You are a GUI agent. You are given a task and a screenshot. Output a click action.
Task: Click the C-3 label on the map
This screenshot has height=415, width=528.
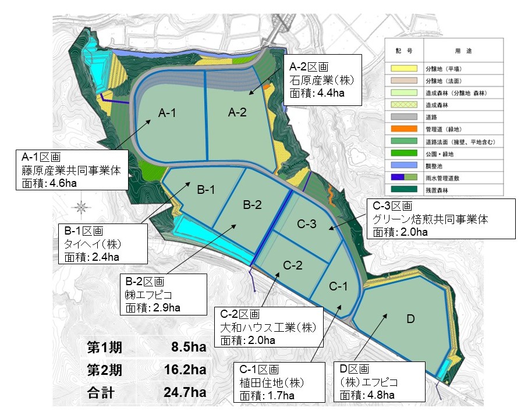307,224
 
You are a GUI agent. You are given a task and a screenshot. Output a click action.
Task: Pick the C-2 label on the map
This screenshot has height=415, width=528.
293,265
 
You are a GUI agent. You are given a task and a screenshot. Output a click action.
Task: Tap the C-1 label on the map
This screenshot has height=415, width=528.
339,286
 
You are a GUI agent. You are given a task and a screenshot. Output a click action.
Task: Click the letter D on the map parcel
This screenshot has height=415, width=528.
410,319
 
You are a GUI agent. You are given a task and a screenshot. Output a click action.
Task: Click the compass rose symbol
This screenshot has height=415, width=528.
82,206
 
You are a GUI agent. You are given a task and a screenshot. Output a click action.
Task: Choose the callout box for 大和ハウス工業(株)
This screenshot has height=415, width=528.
268,327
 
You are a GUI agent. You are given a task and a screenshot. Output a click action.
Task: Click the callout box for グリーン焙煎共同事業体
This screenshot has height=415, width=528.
441,219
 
